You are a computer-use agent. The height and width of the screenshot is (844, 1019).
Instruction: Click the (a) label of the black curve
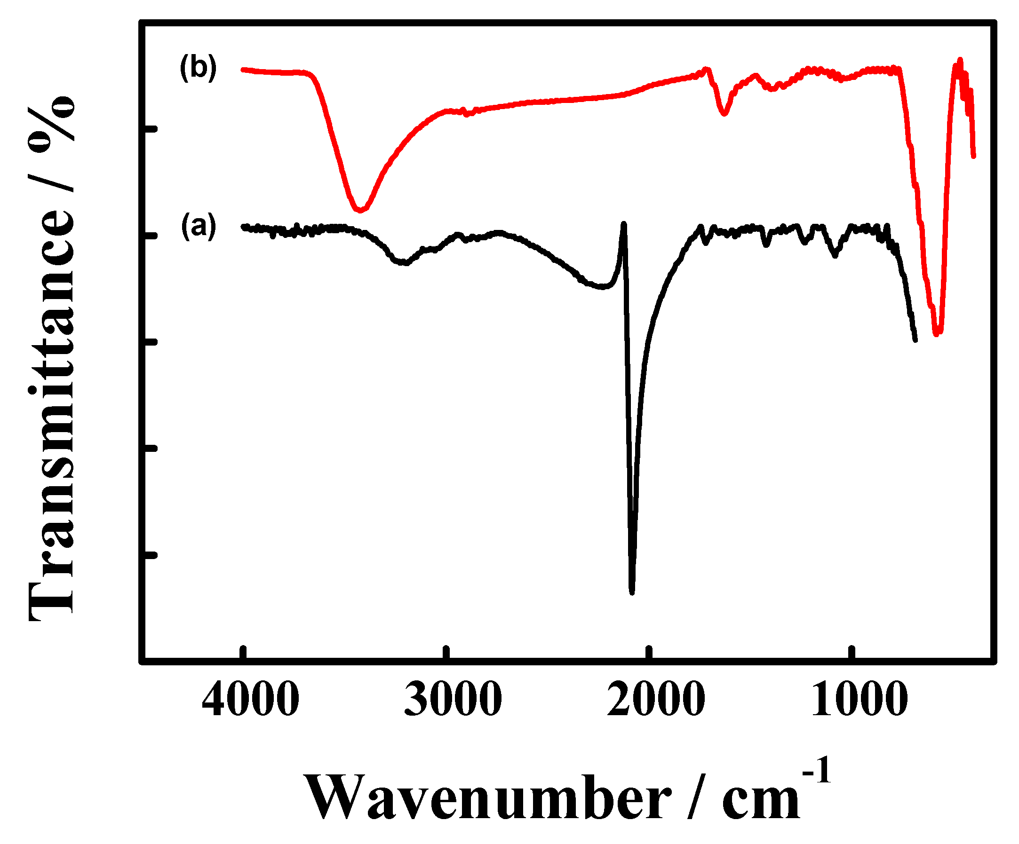[198, 226]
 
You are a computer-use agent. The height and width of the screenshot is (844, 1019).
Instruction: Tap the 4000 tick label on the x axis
[250, 700]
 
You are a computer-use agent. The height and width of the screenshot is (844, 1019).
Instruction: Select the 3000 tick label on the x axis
[453, 700]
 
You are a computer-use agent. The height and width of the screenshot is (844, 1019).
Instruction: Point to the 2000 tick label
[655, 700]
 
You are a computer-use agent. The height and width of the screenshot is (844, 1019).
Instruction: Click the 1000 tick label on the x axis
[859, 700]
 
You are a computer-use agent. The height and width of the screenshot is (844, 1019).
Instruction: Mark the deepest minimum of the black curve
[632, 592]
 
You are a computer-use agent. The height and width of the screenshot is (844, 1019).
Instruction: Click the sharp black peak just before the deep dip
[624, 224]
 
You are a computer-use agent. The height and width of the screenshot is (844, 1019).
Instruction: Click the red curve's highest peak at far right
[960, 60]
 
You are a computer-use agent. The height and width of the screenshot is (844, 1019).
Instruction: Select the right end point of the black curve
[915, 340]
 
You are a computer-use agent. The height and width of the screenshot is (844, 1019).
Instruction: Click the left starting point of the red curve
[242, 70]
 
